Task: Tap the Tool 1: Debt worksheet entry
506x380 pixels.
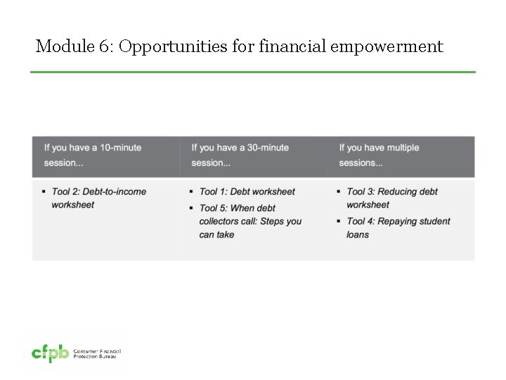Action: (247, 191)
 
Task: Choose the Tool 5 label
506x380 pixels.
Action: (214, 208)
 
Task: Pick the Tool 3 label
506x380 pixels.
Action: (362, 191)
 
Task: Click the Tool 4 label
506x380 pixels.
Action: (362, 221)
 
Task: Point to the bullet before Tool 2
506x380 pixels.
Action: (44, 191)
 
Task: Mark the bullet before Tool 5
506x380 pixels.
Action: (191, 208)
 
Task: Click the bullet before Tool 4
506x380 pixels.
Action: (339, 221)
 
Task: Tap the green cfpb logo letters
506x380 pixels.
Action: (50, 355)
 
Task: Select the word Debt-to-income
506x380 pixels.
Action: (118, 191)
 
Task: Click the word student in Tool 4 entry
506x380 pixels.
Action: (434, 221)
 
